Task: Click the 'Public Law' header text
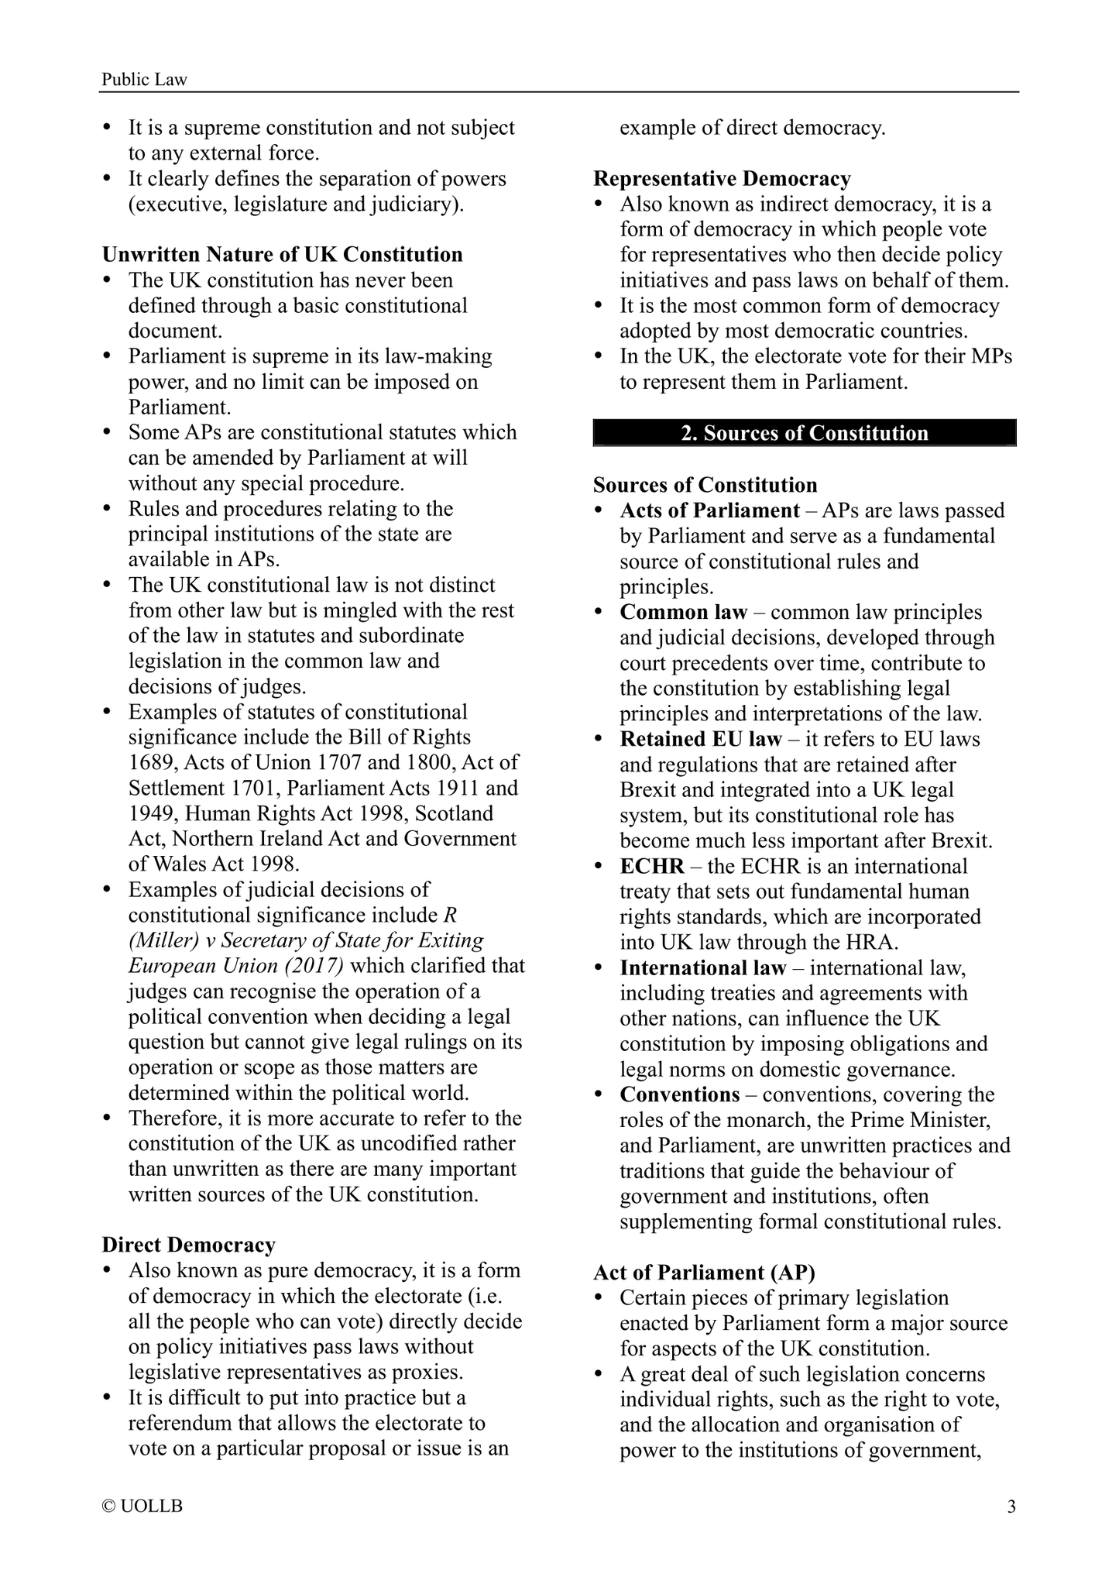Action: (145, 79)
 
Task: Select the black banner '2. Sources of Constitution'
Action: (804, 433)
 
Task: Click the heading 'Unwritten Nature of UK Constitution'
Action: (282, 255)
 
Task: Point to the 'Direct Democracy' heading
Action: (188, 1246)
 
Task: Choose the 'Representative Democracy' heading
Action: (722, 179)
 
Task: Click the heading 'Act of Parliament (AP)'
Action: (704, 1273)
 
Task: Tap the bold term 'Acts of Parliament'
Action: (709, 511)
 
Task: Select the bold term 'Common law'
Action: (683, 613)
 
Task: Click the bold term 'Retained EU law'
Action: (701, 740)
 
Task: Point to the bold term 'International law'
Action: (702, 968)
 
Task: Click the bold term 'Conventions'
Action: (679, 1095)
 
